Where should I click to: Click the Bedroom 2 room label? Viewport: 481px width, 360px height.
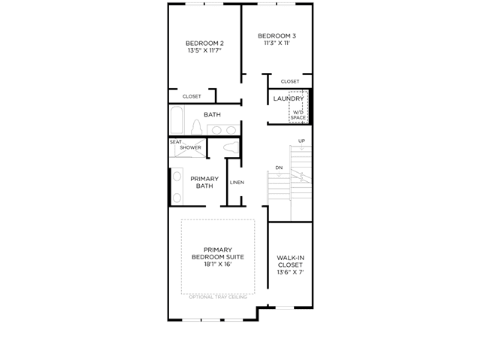click(204, 44)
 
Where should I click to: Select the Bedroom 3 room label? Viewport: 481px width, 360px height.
click(277, 36)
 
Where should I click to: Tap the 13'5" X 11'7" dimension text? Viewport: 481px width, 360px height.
click(204, 50)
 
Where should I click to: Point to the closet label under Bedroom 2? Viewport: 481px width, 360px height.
click(192, 96)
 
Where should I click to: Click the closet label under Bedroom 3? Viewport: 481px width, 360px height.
click(290, 82)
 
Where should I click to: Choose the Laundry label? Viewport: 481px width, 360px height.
click(289, 98)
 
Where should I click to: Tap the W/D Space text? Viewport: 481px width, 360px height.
click(298, 115)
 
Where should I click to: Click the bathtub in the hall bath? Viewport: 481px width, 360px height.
click(177, 120)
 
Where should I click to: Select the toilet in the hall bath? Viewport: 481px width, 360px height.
click(196, 127)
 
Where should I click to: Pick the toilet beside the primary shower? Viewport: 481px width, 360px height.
click(231, 147)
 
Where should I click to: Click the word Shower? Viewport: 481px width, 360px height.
click(190, 147)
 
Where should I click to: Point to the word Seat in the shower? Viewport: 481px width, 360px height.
click(176, 142)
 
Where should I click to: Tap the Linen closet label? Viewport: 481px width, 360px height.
click(237, 183)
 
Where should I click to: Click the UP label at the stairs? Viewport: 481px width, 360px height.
click(301, 141)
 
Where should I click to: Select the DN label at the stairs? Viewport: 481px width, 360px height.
click(279, 168)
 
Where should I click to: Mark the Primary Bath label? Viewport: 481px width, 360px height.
click(204, 182)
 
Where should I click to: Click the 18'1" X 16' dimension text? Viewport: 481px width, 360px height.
click(218, 265)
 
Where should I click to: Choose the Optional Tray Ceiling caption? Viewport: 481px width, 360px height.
click(218, 297)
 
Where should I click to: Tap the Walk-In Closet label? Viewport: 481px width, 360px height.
click(290, 262)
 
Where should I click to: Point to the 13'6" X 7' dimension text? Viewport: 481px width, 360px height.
click(290, 272)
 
